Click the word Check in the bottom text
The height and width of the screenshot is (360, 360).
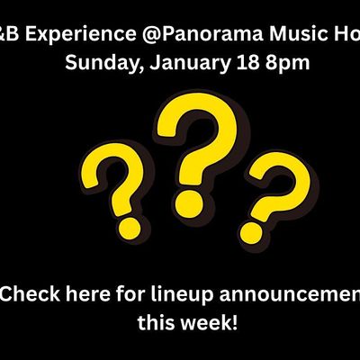pos(31,292)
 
